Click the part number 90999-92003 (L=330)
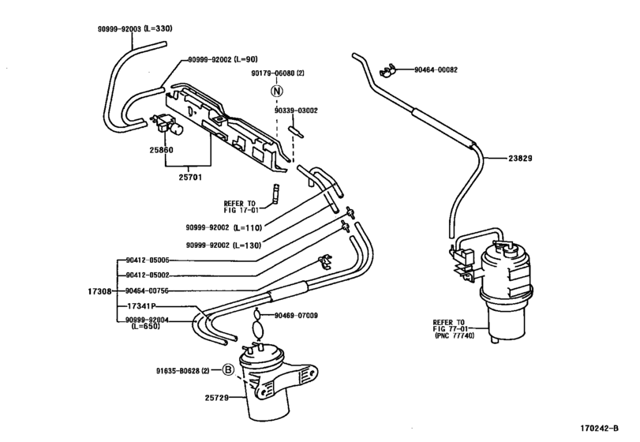pos(135,28)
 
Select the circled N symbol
pos(277,91)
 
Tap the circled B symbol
pos(228,370)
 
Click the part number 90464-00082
pos(436,69)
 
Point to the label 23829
pos(520,159)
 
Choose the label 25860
pos(161,150)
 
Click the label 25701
pos(190,178)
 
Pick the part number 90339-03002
pos(296,110)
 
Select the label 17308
pos(99,291)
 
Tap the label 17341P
pos(141,306)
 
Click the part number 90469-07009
pos(296,316)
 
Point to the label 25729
pos(217,397)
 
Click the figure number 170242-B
pos(600,428)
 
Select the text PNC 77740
pos(456,336)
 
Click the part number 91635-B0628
pos(178,371)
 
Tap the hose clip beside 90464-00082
pos(387,71)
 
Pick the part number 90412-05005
pos(148,260)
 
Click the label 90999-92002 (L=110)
pos(223,228)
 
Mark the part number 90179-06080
pos(273,73)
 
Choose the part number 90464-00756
pos(147,290)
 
